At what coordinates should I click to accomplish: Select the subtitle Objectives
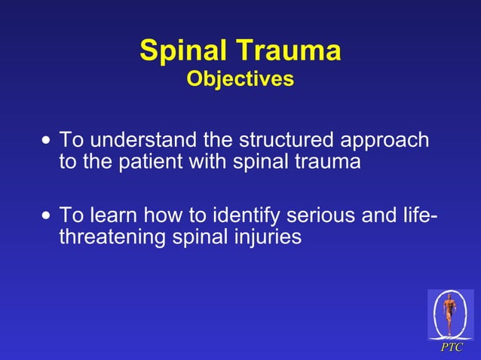tap(240, 78)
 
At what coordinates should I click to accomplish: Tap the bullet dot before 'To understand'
tap(48, 140)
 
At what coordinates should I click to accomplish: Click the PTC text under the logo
tap(452, 347)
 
